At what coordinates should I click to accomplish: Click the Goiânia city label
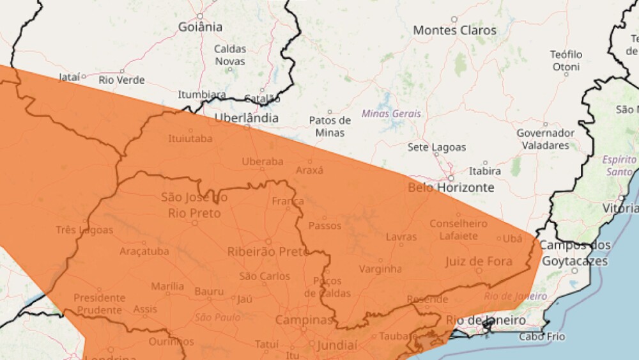[x=201, y=27]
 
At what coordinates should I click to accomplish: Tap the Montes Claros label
[x=454, y=30]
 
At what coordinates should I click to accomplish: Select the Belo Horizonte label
[x=451, y=187]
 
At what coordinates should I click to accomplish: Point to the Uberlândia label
[x=246, y=118]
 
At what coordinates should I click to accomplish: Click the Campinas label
[x=304, y=320]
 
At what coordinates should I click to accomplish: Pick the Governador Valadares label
[x=545, y=139]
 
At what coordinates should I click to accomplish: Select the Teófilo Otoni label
[x=566, y=60]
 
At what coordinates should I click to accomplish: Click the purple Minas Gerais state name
[x=391, y=114]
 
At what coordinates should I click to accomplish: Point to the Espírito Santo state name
[x=619, y=165]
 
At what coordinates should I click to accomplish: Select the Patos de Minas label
[x=330, y=126]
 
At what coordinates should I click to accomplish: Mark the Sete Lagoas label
[x=437, y=147]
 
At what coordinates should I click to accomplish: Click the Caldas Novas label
[x=229, y=55]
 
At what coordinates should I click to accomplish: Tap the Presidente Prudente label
[x=99, y=304]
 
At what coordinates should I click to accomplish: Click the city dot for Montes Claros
[x=454, y=19]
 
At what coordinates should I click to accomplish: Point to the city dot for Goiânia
[x=200, y=16]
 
